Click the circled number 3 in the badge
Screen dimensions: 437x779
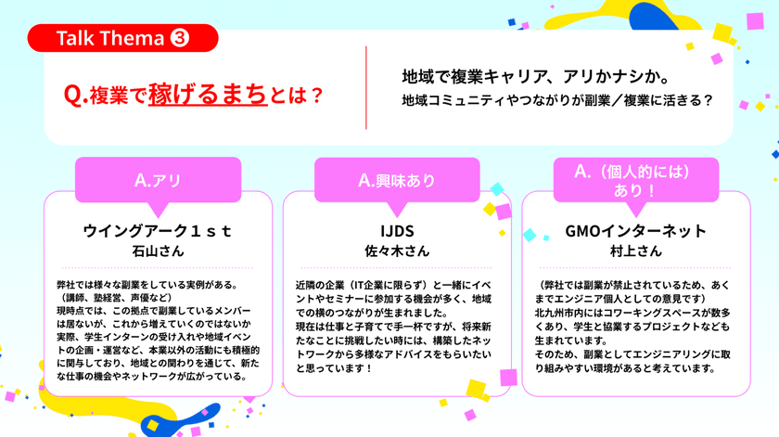(x=181, y=38)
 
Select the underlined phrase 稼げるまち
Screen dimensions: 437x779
(x=200, y=94)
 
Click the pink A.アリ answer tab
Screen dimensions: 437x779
(x=158, y=180)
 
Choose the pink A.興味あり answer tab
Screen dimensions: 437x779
(x=396, y=180)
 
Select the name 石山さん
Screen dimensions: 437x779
(x=159, y=251)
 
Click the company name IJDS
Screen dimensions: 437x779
(x=396, y=231)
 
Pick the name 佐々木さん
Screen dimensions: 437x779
(x=396, y=251)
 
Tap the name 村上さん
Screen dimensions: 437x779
(x=635, y=251)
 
